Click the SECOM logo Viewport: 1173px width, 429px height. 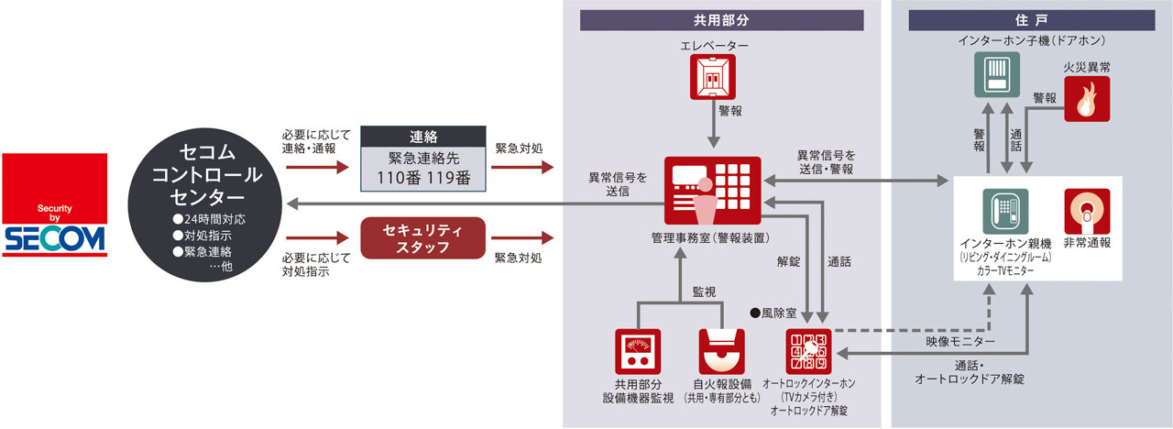54,205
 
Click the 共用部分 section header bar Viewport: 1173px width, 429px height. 721,20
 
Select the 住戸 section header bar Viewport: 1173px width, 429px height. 1030,20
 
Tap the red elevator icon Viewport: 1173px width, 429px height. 713,77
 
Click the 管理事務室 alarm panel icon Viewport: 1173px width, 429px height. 712,191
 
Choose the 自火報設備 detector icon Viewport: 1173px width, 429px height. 722,352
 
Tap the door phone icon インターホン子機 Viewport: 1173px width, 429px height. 996,74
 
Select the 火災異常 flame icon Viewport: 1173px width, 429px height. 1087,99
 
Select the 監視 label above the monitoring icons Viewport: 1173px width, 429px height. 705,291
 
